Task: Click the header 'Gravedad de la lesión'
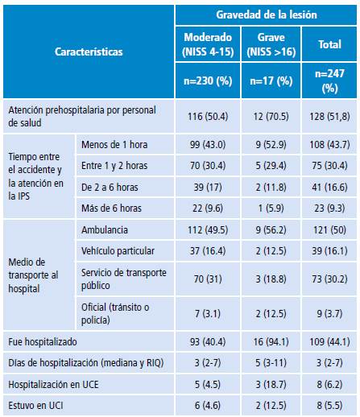point(265,15)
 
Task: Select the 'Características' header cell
point(89,52)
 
